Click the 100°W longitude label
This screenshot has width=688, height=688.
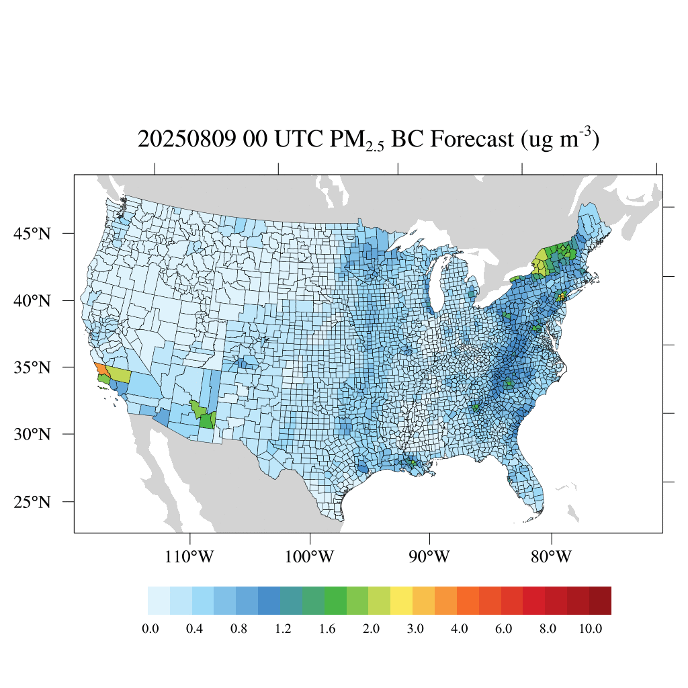click(310, 557)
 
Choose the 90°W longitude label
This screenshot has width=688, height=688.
click(429, 557)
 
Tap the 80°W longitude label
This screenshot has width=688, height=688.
click(552, 557)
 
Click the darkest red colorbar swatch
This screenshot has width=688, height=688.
click(600, 601)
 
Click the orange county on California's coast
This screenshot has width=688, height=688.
click(100, 370)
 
